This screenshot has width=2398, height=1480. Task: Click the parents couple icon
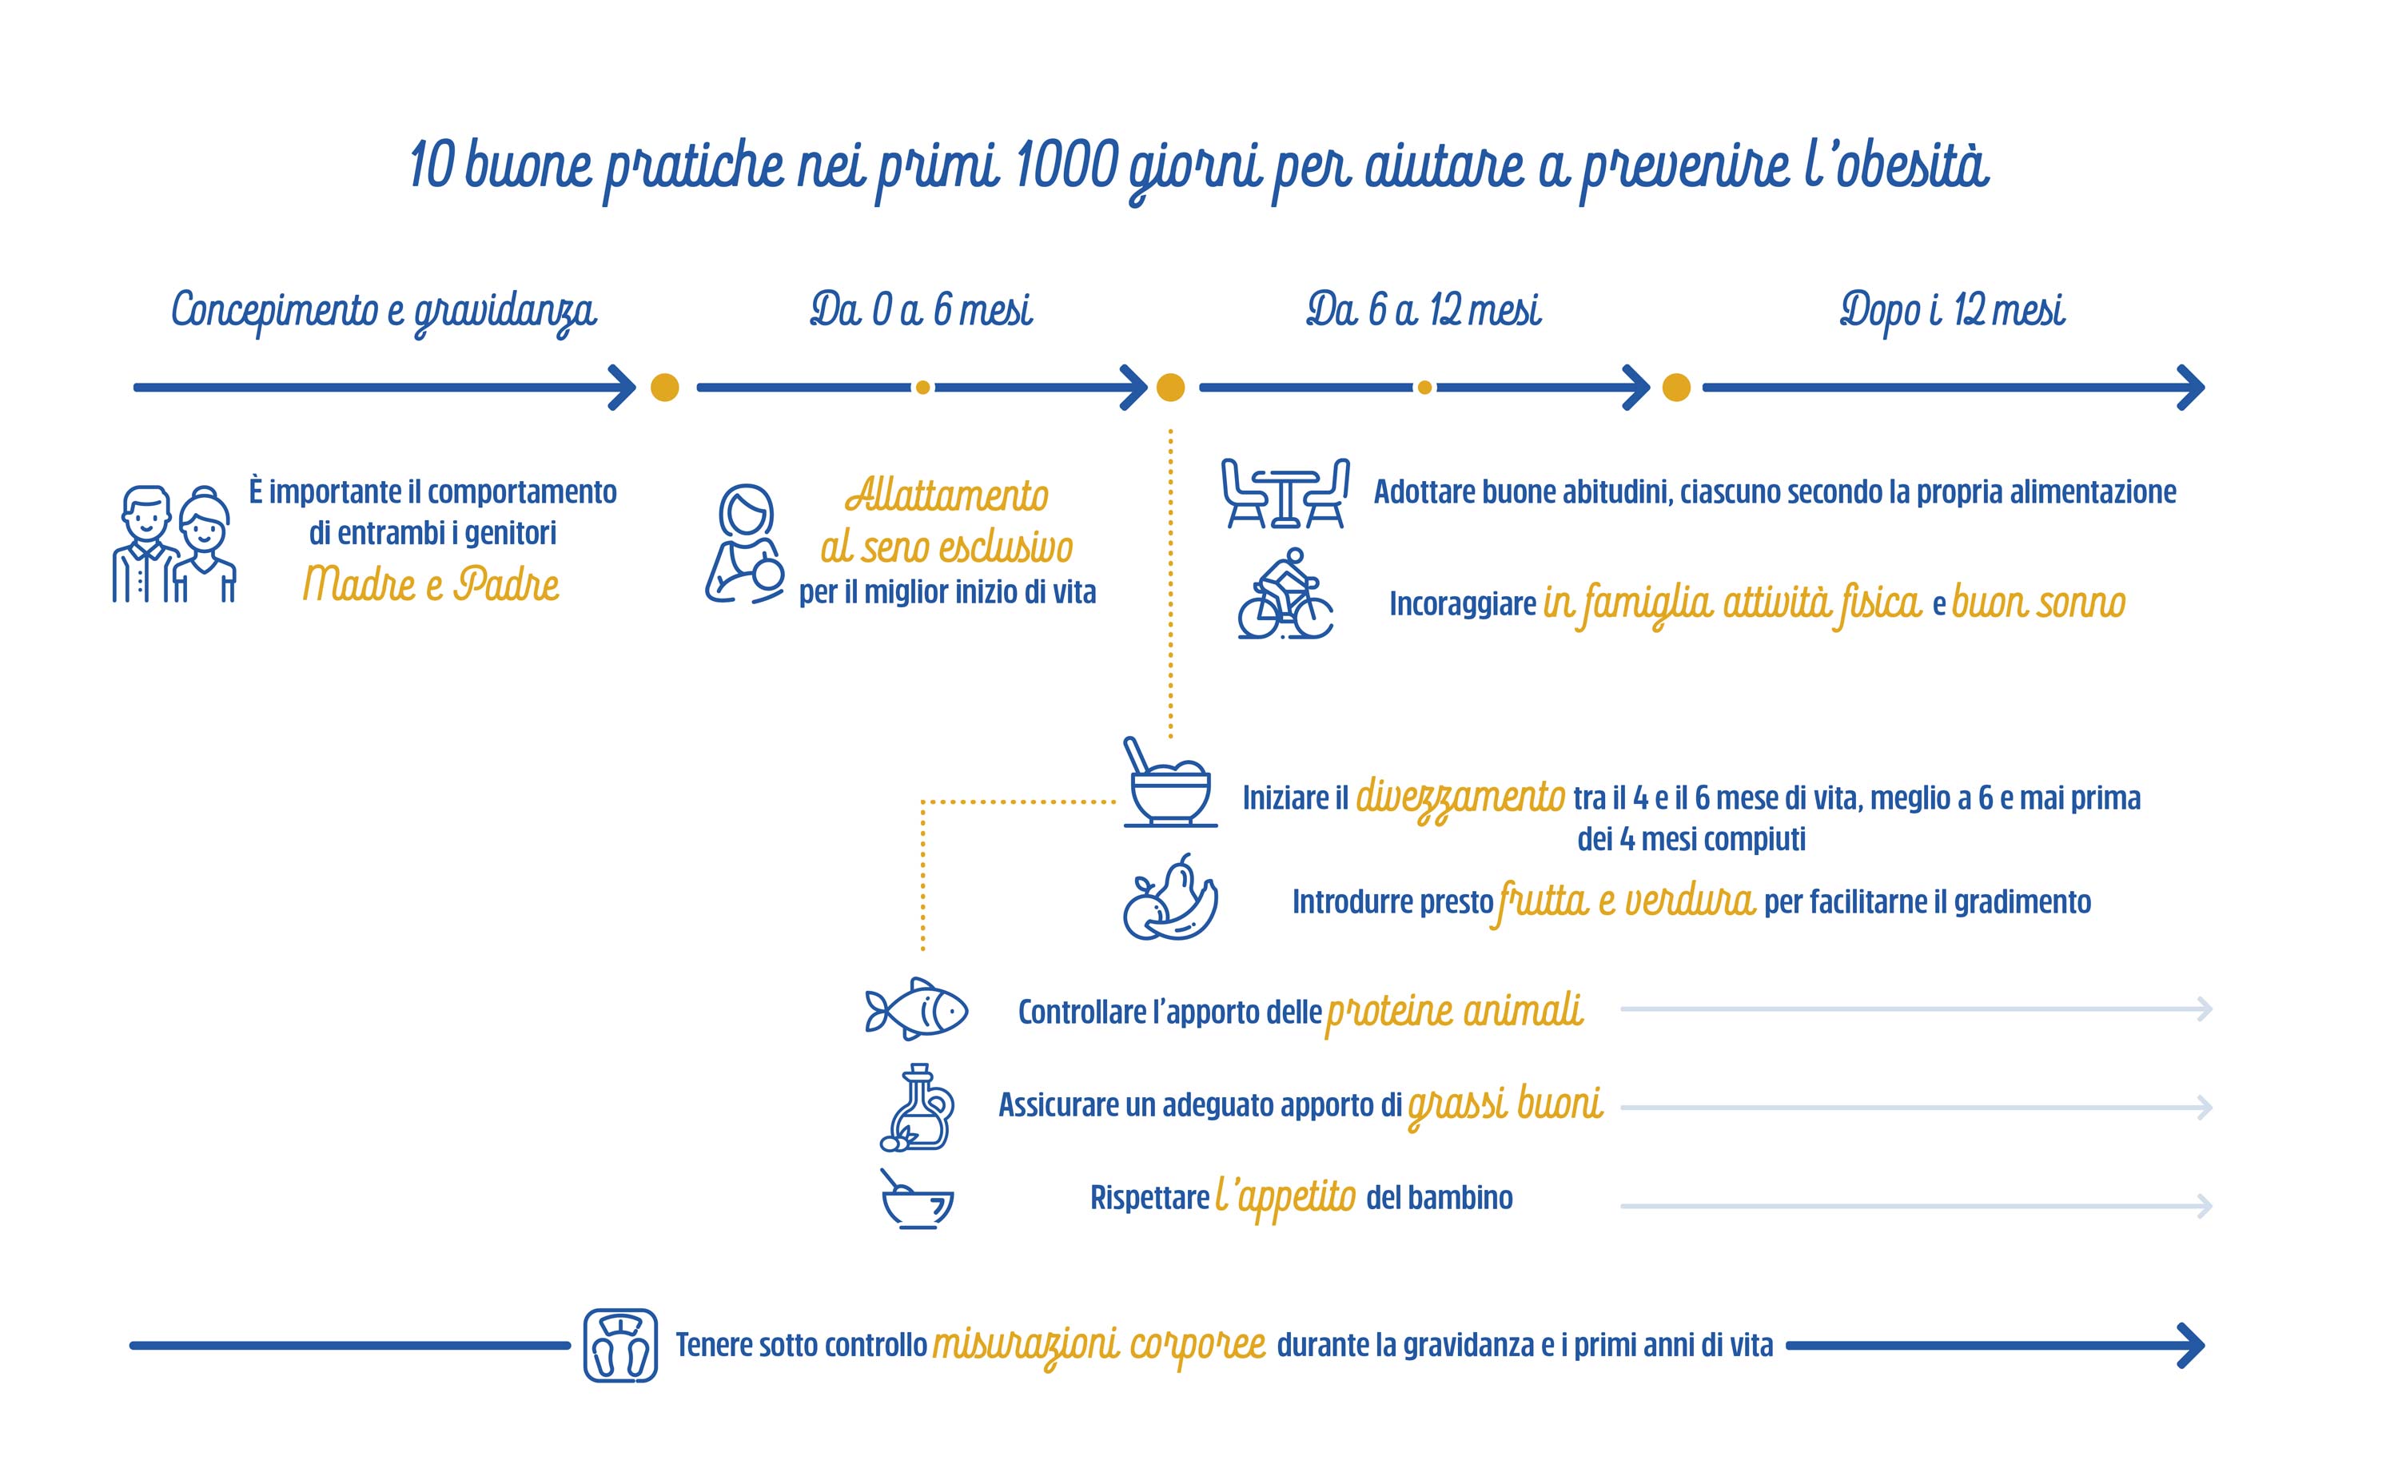pyautogui.click(x=174, y=543)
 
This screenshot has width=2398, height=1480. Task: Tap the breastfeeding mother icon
pyautogui.click(x=745, y=543)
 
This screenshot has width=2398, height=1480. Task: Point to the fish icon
pyautogui.click(x=916, y=1009)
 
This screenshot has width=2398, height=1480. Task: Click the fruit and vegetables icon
pyautogui.click(x=1170, y=897)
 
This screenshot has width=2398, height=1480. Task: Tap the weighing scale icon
pyautogui.click(x=620, y=1345)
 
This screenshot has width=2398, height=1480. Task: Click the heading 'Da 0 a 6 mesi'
pyautogui.click(x=921, y=309)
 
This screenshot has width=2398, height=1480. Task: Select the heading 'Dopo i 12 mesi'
pyautogui.click(x=1953, y=310)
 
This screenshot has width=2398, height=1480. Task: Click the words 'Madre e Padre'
pyautogui.click(x=431, y=584)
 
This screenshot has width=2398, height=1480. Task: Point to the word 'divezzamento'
pyautogui.click(x=1460, y=798)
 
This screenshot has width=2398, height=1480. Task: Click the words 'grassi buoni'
pyautogui.click(x=1505, y=1106)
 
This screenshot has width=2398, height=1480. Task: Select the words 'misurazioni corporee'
pyautogui.click(x=1099, y=1346)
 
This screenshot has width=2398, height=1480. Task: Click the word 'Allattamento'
pyautogui.click(x=946, y=495)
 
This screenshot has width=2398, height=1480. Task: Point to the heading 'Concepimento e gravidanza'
pyautogui.click(x=384, y=312)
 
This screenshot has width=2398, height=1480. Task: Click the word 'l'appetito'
pyautogui.click(x=1286, y=1198)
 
